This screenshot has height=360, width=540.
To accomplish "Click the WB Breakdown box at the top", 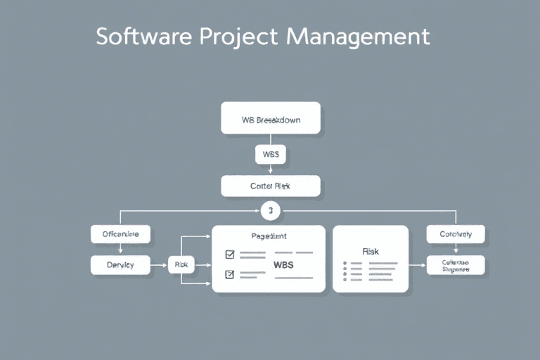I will coord(271,118).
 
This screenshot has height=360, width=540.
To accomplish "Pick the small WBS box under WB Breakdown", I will coord(271,154).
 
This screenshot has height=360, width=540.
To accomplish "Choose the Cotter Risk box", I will coord(271,186).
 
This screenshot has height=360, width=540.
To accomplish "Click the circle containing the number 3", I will coord(270,210).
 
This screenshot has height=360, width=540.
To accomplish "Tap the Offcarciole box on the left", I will coord(121,235).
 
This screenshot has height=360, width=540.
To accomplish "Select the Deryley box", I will coord(121,265).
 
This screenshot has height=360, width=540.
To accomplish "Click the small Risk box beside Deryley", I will coord(180,265).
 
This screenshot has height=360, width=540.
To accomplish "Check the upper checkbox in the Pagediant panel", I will coord(229,255).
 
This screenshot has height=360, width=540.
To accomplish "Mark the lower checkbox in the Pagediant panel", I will coord(229,274).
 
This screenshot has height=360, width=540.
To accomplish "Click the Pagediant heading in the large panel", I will coord(269,237).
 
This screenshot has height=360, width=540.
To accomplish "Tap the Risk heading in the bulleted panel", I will coord(371,251).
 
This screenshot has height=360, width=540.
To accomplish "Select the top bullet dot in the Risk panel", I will coord(345,263).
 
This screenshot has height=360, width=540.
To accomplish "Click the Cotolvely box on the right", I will coord(456,235).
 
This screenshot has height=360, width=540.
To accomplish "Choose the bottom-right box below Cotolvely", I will coord(456,265).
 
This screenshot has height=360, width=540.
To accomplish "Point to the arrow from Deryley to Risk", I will coord(160,265).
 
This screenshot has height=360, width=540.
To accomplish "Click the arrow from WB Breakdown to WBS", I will coord(271,139).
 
